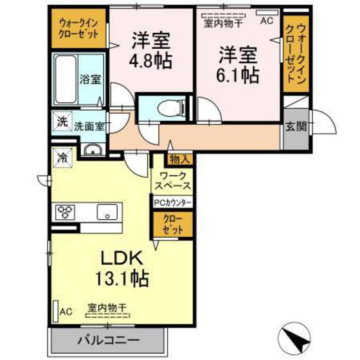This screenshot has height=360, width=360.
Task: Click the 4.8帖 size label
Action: pyautogui.click(x=152, y=64)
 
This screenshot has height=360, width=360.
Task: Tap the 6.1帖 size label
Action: pyautogui.click(x=238, y=75)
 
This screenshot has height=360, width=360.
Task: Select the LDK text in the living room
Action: pyautogui.click(x=124, y=257)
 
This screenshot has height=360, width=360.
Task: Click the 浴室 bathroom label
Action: pyautogui.click(x=90, y=80)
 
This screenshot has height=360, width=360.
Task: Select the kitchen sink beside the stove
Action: pyautogui.click(x=108, y=210)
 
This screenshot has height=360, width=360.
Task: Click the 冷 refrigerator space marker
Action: pyautogui.click(x=63, y=156)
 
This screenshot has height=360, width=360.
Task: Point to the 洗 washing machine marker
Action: pyautogui.click(x=62, y=121)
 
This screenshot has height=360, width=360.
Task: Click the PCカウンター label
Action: pyautogui.click(x=172, y=202)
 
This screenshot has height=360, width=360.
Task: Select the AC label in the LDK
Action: pyautogui.click(x=66, y=312)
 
